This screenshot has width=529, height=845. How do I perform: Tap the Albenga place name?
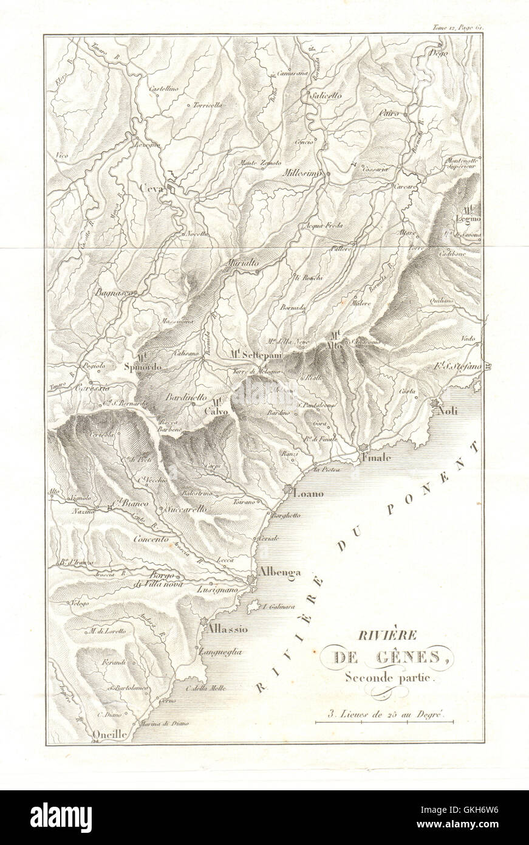click(x=277, y=571)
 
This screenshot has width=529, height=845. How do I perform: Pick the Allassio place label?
click(x=227, y=630)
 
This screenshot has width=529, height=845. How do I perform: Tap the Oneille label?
click(x=110, y=734)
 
